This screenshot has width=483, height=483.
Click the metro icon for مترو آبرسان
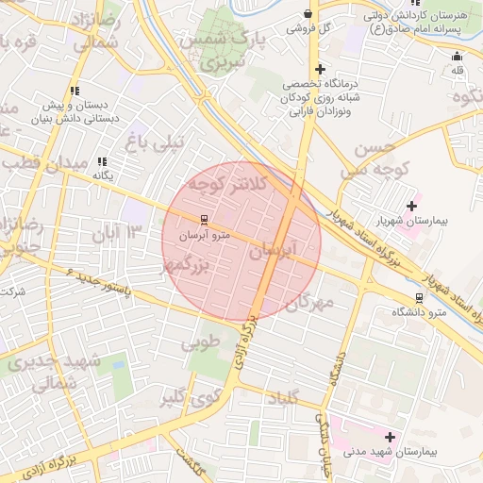(192, 220)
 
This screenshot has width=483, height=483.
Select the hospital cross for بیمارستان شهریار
(411, 206)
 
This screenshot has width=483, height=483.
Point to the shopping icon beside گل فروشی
(309, 13)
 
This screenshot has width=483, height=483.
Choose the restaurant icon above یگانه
(102, 161)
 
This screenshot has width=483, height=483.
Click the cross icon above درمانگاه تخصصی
(321, 69)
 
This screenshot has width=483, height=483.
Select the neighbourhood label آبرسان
(275, 250)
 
